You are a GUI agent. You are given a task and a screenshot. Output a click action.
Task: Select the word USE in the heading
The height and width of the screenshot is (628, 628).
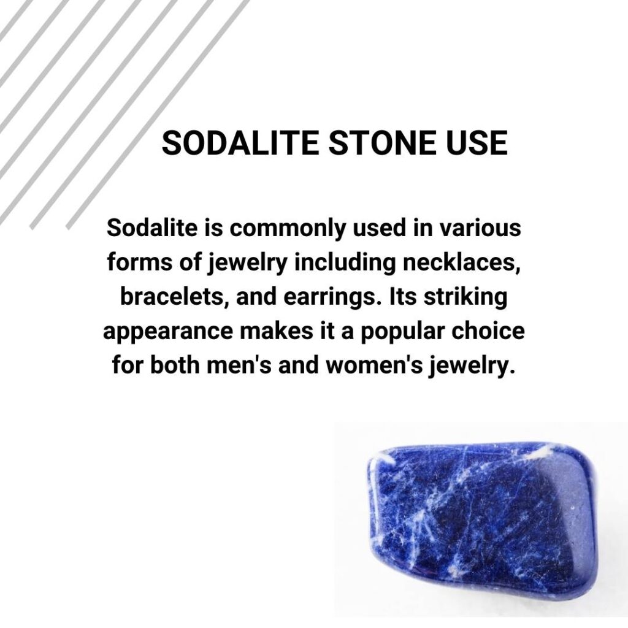[478, 144]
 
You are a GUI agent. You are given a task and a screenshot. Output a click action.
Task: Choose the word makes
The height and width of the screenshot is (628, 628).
[279, 332]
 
